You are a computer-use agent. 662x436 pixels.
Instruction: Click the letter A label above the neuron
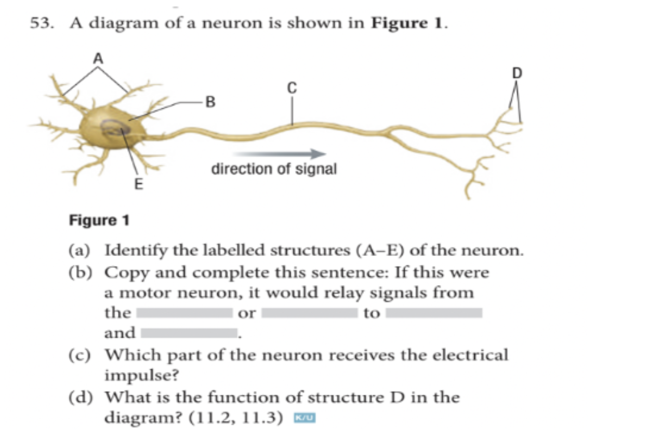(97, 58)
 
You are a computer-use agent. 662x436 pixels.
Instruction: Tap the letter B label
(210, 102)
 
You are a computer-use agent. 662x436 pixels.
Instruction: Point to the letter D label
(516, 74)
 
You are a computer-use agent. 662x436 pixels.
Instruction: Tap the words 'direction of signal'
(273, 169)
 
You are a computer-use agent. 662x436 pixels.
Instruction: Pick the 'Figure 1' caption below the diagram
(99, 221)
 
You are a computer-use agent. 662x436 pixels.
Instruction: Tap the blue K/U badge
(306, 417)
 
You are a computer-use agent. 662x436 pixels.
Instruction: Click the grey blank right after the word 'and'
(189, 332)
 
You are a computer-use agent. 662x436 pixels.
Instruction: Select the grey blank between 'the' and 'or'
(184, 313)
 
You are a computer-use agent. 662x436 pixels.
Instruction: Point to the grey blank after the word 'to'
(434, 313)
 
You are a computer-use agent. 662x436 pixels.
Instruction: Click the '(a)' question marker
(80, 250)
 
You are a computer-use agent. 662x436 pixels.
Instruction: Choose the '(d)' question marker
(80, 398)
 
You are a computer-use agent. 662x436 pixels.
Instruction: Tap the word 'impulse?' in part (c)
(137, 375)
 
